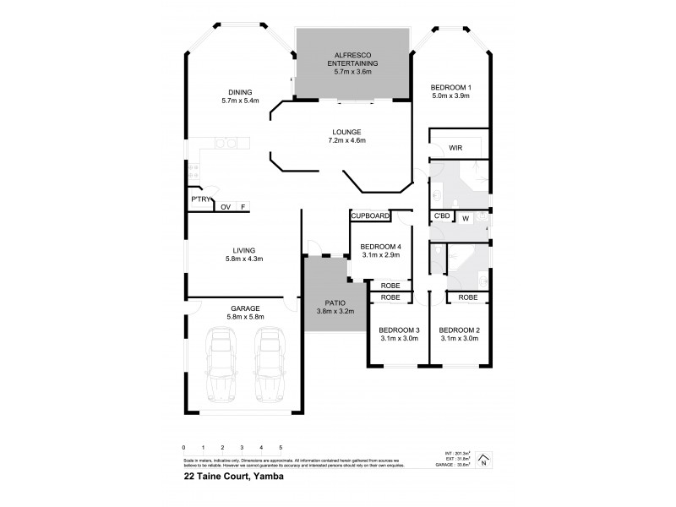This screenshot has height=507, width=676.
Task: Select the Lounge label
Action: [x=347, y=132]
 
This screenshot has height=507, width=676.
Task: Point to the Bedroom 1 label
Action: [x=450, y=87]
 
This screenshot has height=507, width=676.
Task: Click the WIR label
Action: [x=455, y=148]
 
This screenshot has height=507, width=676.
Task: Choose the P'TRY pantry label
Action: [x=200, y=199]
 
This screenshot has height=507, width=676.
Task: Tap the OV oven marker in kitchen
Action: [x=226, y=207]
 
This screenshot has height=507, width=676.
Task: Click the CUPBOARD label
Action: [x=371, y=216]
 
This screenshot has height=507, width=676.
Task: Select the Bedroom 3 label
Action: [x=399, y=330]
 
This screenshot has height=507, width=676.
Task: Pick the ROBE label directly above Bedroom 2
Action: [x=467, y=297]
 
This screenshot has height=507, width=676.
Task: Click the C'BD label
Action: [x=440, y=217]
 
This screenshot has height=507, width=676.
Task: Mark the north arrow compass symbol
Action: [x=482, y=461]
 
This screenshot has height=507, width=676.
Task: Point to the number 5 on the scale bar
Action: [x=281, y=446]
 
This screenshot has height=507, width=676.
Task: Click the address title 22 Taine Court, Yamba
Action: [x=233, y=476]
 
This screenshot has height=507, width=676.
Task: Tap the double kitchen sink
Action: [x=223, y=143]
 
